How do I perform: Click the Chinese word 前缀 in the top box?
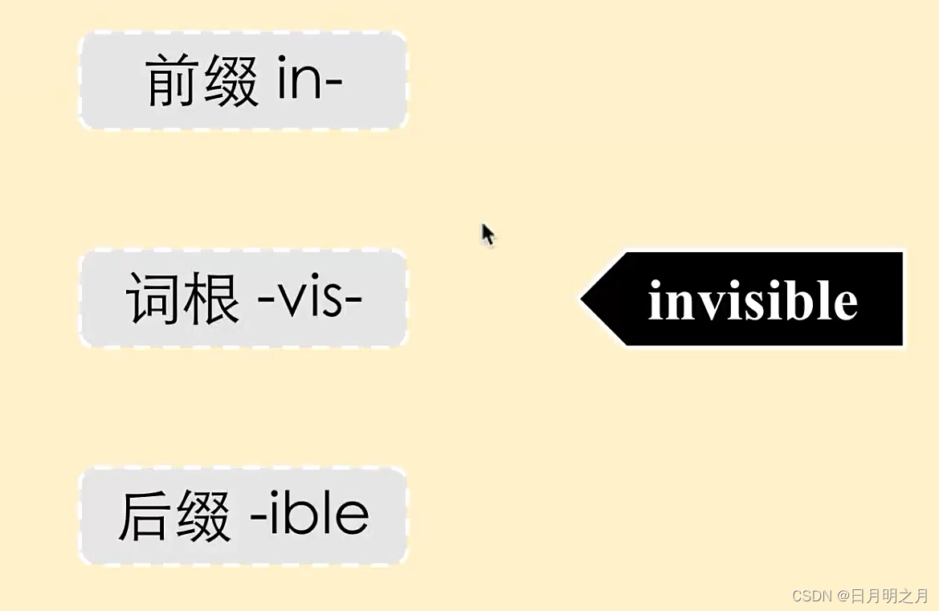[x=202, y=83]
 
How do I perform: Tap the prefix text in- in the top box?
[x=310, y=83]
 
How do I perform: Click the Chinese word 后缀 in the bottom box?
[x=175, y=516]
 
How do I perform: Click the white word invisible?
[x=753, y=301]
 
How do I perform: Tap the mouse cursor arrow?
[x=487, y=234]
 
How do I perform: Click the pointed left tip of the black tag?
[x=585, y=299]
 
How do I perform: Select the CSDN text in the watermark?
[x=811, y=596]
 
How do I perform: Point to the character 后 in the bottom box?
[x=146, y=516]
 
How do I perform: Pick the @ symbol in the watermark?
[x=843, y=596]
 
